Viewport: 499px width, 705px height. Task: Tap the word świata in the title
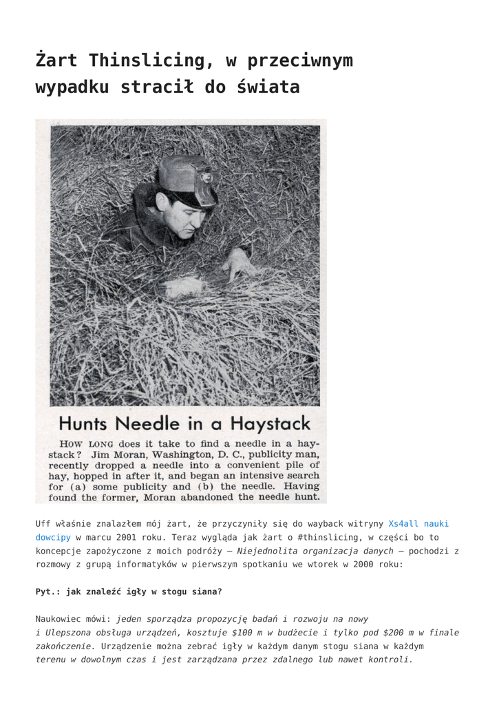coord(268,87)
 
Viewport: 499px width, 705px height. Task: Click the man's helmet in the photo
coord(187,178)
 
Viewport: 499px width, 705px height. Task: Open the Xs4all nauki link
coord(418,524)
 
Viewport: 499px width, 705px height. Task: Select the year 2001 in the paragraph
coord(138,537)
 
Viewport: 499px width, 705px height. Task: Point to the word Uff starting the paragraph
coord(43,524)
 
